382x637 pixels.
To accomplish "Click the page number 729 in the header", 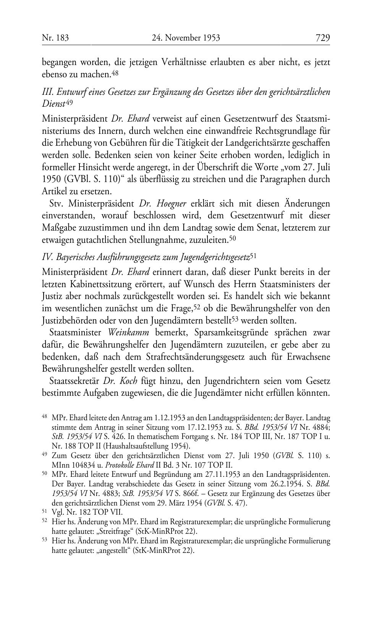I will click(322, 38).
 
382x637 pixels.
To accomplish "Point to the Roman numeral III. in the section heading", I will click(47, 92).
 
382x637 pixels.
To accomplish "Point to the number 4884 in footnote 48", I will click(320, 427).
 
